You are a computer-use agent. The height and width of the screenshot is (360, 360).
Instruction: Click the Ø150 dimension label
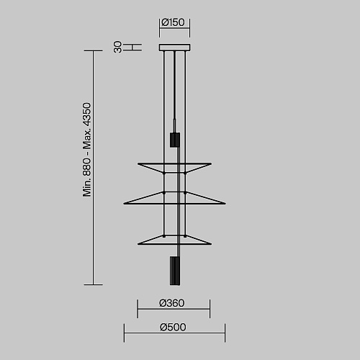click(173, 22)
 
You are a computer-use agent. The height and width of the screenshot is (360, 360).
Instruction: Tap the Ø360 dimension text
click(172, 303)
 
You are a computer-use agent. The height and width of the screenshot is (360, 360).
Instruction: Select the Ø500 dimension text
click(173, 327)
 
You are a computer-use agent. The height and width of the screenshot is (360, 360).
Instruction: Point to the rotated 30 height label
click(117, 47)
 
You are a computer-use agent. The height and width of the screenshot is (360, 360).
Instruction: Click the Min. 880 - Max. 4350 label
click(86, 150)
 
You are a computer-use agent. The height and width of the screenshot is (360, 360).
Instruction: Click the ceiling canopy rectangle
click(175, 48)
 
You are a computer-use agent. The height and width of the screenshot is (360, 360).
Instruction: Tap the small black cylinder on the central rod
click(175, 140)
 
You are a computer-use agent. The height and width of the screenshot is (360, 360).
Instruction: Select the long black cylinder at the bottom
click(175, 271)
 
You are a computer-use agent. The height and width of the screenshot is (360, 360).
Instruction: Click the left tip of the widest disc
click(124, 204)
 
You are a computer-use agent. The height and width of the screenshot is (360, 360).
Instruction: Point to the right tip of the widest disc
click(225, 204)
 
